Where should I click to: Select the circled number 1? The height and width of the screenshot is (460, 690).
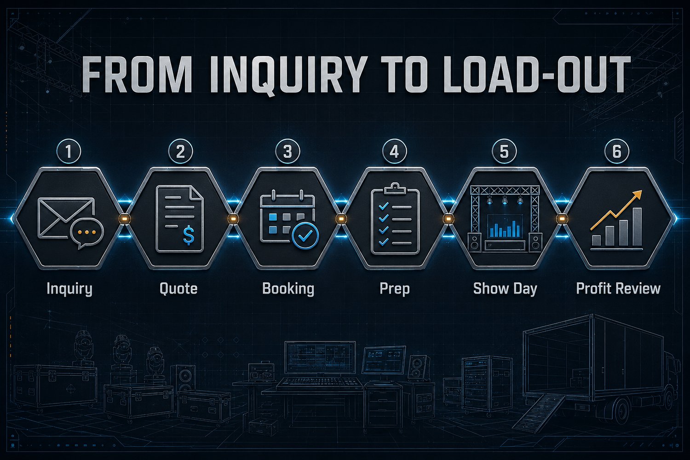[x=69, y=152]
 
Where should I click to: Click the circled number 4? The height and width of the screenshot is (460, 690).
[x=395, y=152]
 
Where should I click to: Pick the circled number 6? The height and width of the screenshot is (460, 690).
[x=617, y=152]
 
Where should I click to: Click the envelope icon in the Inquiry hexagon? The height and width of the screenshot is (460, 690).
[x=66, y=218]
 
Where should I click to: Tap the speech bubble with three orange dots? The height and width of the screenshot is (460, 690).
[x=87, y=234]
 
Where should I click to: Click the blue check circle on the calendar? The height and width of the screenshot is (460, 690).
[x=305, y=236]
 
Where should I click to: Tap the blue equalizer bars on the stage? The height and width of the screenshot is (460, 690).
[x=505, y=229]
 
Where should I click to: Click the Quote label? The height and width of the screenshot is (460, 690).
[x=178, y=289]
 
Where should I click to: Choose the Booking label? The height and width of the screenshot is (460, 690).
[x=288, y=289]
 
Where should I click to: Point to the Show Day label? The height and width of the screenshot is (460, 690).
[x=505, y=289]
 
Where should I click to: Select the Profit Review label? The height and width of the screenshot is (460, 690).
[x=618, y=289]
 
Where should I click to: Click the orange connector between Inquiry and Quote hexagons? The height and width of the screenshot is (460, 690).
[x=125, y=219]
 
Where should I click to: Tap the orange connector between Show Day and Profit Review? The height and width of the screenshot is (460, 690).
[x=562, y=219]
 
